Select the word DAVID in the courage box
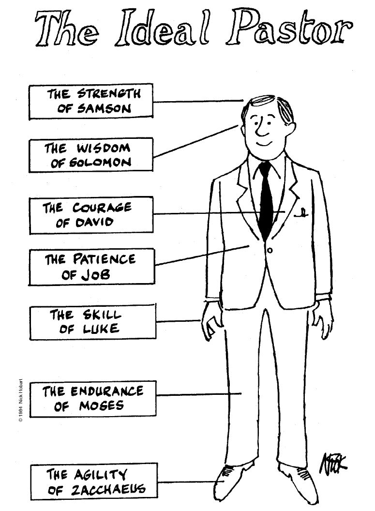(x=94, y=222)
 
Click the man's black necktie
(x=266, y=198)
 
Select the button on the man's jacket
(x=270, y=250)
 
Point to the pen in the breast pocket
(x=303, y=212)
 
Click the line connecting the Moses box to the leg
(x=198, y=394)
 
